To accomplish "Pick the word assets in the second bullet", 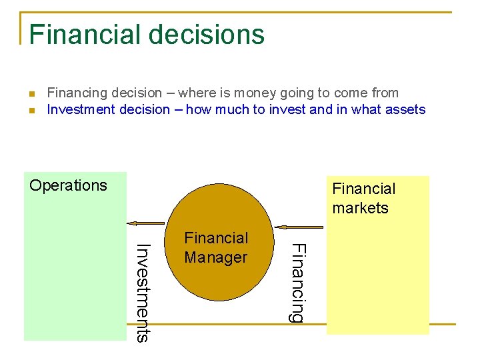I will (404, 110).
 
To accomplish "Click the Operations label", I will (68, 185).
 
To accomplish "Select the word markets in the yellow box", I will (360, 208).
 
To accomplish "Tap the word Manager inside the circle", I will (215, 257).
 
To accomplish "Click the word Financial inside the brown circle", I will (215, 238).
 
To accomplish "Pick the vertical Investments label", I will (142, 293).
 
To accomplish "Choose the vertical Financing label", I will (298, 283).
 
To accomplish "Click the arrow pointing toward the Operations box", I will (146, 224).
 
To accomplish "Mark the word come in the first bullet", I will (350, 93).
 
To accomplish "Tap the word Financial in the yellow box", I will (363, 189).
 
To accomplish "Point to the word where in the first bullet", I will (197, 93).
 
